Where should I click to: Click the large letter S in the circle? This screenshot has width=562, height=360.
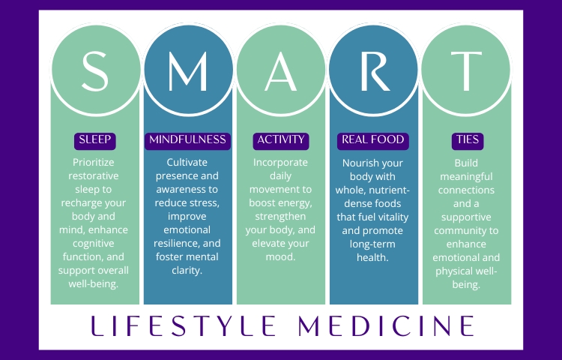[x=95, y=71]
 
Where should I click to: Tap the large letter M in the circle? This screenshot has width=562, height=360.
[x=188, y=71]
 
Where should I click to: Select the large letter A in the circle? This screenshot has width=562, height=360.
[x=281, y=71]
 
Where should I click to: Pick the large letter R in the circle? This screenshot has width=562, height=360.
[x=375, y=71]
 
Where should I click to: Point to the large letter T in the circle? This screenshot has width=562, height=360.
[x=466, y=71]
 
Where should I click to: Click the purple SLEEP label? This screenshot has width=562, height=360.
[x=95, y=141]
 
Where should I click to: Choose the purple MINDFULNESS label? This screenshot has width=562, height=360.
[x=187, y=141]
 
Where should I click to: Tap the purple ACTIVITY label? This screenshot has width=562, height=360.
[x=281, y=141]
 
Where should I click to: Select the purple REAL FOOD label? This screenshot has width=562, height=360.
[x=372, y=141]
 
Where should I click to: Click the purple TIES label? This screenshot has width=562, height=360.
[x=468, y=141]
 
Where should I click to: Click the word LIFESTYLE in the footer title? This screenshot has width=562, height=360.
[x=183, y=325]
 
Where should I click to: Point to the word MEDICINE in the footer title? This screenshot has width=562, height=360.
[x=386, y=325]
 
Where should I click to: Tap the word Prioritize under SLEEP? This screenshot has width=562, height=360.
[x=94, y=163]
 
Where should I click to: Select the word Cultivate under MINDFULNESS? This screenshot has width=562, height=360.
[x=187, y=163]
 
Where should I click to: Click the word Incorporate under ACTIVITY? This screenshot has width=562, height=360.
[x=280, y=163]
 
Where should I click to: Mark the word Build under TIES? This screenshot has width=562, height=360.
[x=466, y=163]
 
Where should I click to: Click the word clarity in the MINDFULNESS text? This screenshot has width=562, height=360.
[x=187, y=270]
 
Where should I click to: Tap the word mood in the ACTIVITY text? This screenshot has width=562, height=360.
[x=280, y=257]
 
